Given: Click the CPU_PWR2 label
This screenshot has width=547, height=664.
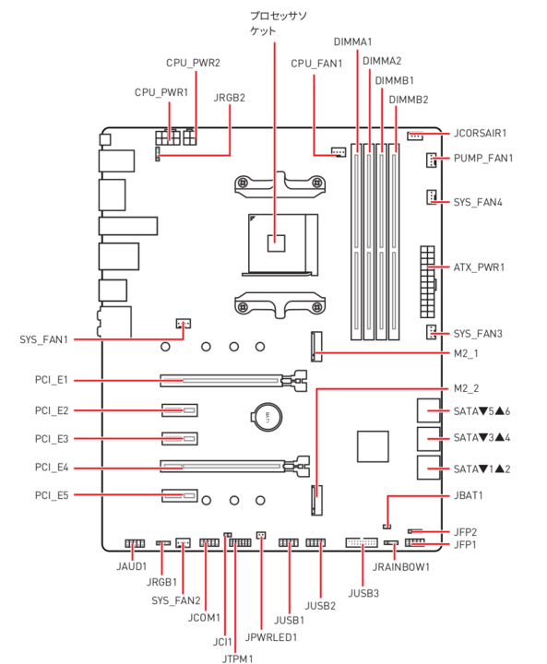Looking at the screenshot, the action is coord(193,63).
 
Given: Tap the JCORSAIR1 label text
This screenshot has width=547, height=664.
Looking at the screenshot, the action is coord(480,134).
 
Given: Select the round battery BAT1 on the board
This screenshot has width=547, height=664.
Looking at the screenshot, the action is coord(267,417).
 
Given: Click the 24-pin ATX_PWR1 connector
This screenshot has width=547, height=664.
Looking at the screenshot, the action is coord(428,281).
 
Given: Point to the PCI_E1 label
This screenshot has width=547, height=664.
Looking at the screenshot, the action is coord(52,380).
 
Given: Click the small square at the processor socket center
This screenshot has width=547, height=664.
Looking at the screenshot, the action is coord(276,243).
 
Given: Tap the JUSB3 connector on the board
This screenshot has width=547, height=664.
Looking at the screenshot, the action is coord(362,542).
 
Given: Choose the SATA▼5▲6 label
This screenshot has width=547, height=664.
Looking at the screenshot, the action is coord(482,411).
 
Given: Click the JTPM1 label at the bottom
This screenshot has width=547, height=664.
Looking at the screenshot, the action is coord(237,658).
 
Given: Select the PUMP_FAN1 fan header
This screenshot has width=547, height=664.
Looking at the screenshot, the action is coord(431,160).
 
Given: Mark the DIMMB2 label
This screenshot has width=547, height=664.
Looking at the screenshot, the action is coord(409,100).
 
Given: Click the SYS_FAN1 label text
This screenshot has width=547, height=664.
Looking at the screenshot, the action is coord(43,339).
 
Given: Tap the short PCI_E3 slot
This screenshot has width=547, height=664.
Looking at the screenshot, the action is coord(180,438).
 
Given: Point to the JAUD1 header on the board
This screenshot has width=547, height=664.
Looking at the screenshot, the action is coord(135,543).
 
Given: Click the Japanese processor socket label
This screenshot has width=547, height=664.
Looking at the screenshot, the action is coord(278,23).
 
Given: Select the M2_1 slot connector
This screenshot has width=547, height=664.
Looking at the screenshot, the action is coord(316,347).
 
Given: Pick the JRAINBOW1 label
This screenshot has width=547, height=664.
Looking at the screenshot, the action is coord(401,567).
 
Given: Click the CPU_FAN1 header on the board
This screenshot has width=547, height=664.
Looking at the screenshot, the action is coord(339,151).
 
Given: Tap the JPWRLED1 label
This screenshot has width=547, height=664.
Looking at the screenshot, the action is coord(271,637).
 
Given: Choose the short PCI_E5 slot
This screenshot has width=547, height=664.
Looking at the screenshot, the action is coord(180,495).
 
